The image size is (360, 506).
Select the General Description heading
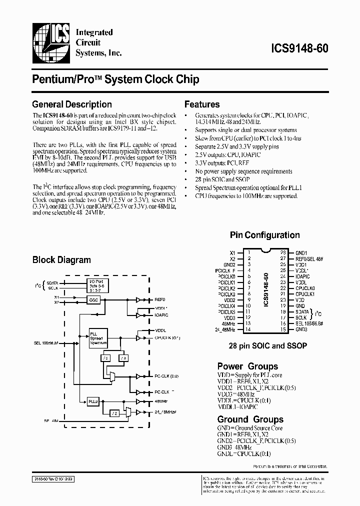71,104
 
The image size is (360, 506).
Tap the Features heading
202,104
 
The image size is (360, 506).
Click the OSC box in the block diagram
93,300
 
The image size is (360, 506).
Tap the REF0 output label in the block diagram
160,300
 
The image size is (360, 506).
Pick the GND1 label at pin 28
301,253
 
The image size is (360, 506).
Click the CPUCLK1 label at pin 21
305,294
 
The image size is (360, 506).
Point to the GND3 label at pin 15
301,330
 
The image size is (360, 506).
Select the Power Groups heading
247,366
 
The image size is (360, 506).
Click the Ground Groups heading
250,419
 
